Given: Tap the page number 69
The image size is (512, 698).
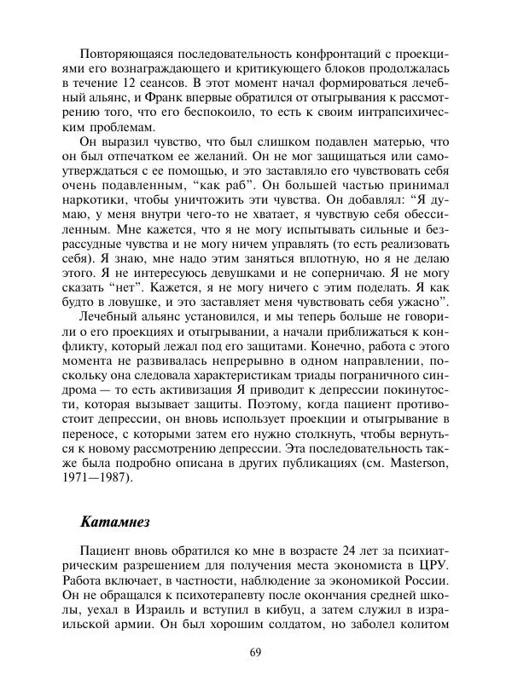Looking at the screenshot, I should point(255,654).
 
